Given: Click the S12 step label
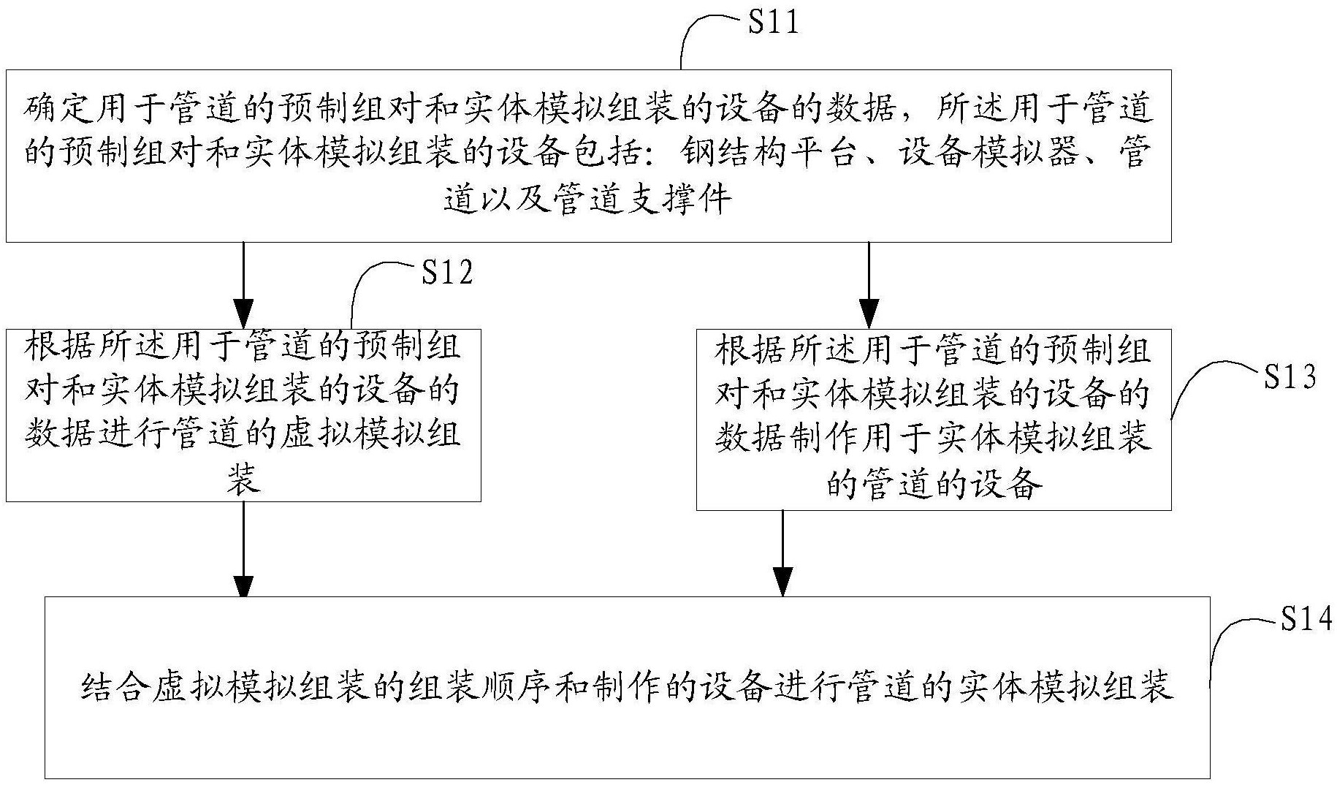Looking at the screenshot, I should [x=447, y=273].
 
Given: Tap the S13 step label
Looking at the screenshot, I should [x=1290, y=377].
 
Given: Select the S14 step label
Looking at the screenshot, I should [x=1306, y=619].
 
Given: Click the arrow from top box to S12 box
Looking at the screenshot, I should [x=243, y=285].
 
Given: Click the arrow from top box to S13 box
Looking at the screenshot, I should [x=869, y=285].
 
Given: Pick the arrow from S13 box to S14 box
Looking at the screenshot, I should [x=782, y=553].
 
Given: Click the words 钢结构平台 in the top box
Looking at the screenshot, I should [x=767, y=153].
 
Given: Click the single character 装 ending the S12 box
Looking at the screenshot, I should [x=243, y=480].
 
